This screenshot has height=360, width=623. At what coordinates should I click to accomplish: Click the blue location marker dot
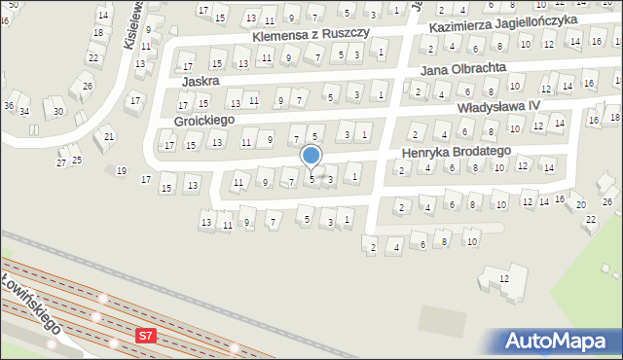[311, 155]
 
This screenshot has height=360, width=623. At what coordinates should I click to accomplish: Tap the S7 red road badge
[145, 336]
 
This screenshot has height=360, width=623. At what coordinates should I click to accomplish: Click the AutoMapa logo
[558, 342]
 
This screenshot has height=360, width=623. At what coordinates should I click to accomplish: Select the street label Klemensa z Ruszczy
[311, 34]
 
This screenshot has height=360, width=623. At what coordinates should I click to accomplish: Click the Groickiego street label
[204, 122]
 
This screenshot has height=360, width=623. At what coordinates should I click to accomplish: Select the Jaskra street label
[199, 81]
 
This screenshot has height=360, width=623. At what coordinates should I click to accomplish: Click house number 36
[8, 105]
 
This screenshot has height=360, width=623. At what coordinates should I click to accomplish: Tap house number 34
[24, 111]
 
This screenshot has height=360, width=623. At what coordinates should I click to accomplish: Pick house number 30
[58, 111]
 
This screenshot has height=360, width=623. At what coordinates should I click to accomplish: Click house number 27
[60, 162]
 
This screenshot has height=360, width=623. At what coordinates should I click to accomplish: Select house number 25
[76, 160]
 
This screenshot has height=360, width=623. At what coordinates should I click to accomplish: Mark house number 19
[121, 171]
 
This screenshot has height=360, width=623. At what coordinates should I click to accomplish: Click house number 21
[109, 136]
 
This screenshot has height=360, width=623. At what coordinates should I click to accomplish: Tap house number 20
[580, 204]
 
